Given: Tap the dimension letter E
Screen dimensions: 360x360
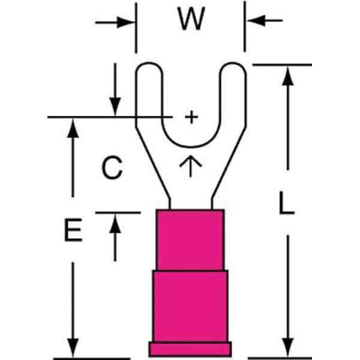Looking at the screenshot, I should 73,231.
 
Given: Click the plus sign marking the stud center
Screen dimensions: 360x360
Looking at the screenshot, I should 191,117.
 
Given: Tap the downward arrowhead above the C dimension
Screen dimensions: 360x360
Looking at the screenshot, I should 115,106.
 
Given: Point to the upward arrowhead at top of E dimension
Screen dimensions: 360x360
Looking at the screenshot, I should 73,128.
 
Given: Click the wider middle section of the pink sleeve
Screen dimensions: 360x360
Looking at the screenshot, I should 190,306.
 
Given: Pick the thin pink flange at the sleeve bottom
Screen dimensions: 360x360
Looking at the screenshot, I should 190,349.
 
